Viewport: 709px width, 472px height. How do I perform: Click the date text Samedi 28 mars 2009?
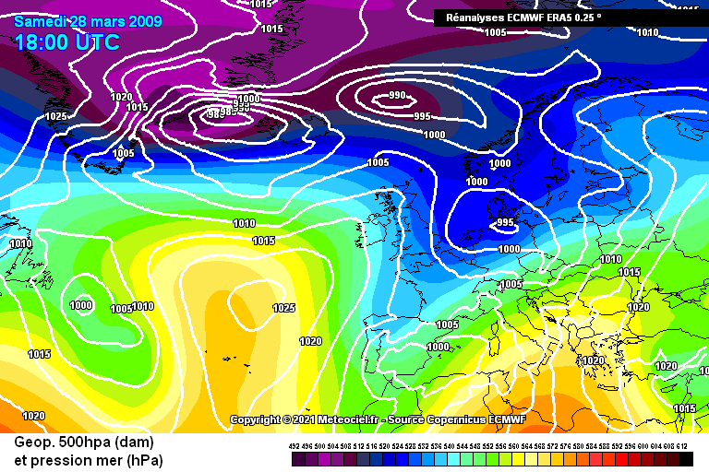click(x=89, y=21)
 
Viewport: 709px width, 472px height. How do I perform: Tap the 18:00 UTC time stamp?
click(x=66, y=42)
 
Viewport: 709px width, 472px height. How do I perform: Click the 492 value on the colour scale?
click(x=294, y=446)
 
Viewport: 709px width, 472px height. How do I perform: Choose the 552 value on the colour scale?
click(x=488, y=446)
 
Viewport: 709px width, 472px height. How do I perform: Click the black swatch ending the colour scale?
click(x=686, y=458)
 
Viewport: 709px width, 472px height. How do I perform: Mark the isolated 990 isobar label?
click(x=397, y=95)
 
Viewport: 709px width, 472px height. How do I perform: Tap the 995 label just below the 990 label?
click(x=422, y=116)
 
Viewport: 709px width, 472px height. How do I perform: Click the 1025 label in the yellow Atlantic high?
click(x=283, y=308)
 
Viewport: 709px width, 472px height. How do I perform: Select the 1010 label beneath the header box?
click(x=647, y=33)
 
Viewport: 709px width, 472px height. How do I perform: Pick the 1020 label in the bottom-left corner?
click(x=33, y=416)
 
